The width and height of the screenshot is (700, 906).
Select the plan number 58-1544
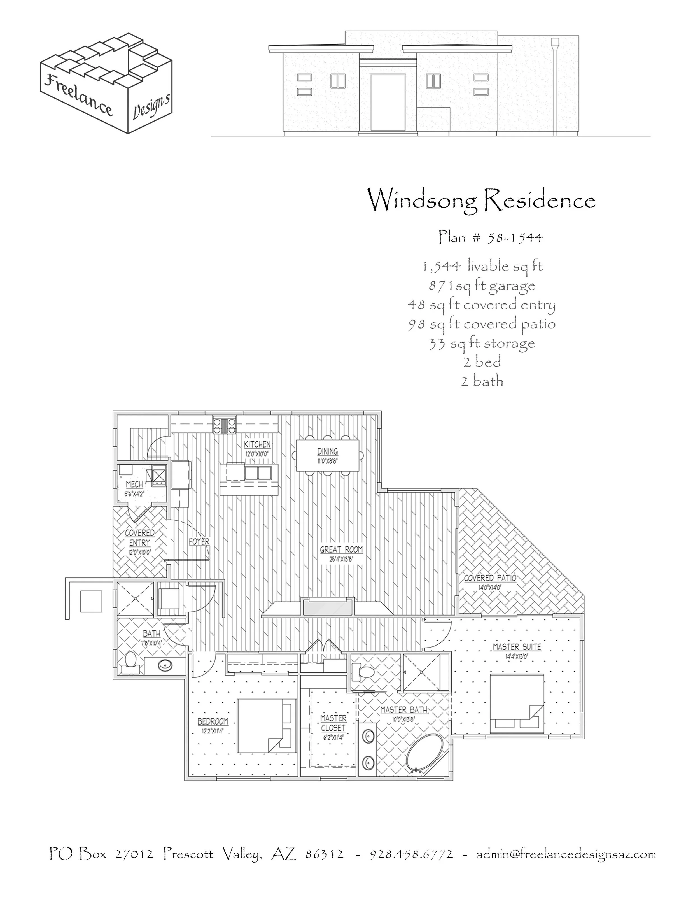491,237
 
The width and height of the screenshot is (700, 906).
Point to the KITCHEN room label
257,444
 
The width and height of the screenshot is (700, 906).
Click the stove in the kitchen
224,425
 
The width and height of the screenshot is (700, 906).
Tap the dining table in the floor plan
328,455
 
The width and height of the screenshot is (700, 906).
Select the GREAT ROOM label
341,550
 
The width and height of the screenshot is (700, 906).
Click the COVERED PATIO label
490,578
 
